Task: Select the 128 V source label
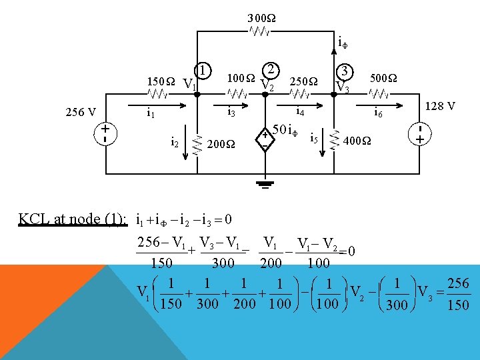440,106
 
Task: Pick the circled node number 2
271,69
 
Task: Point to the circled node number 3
345,71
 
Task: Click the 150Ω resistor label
161,83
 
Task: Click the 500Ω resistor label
383,79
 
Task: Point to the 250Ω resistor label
303,82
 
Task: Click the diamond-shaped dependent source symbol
265,139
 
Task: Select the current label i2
174,141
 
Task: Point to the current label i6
378,112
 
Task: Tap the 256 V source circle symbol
106,134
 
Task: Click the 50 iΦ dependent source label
285,127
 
